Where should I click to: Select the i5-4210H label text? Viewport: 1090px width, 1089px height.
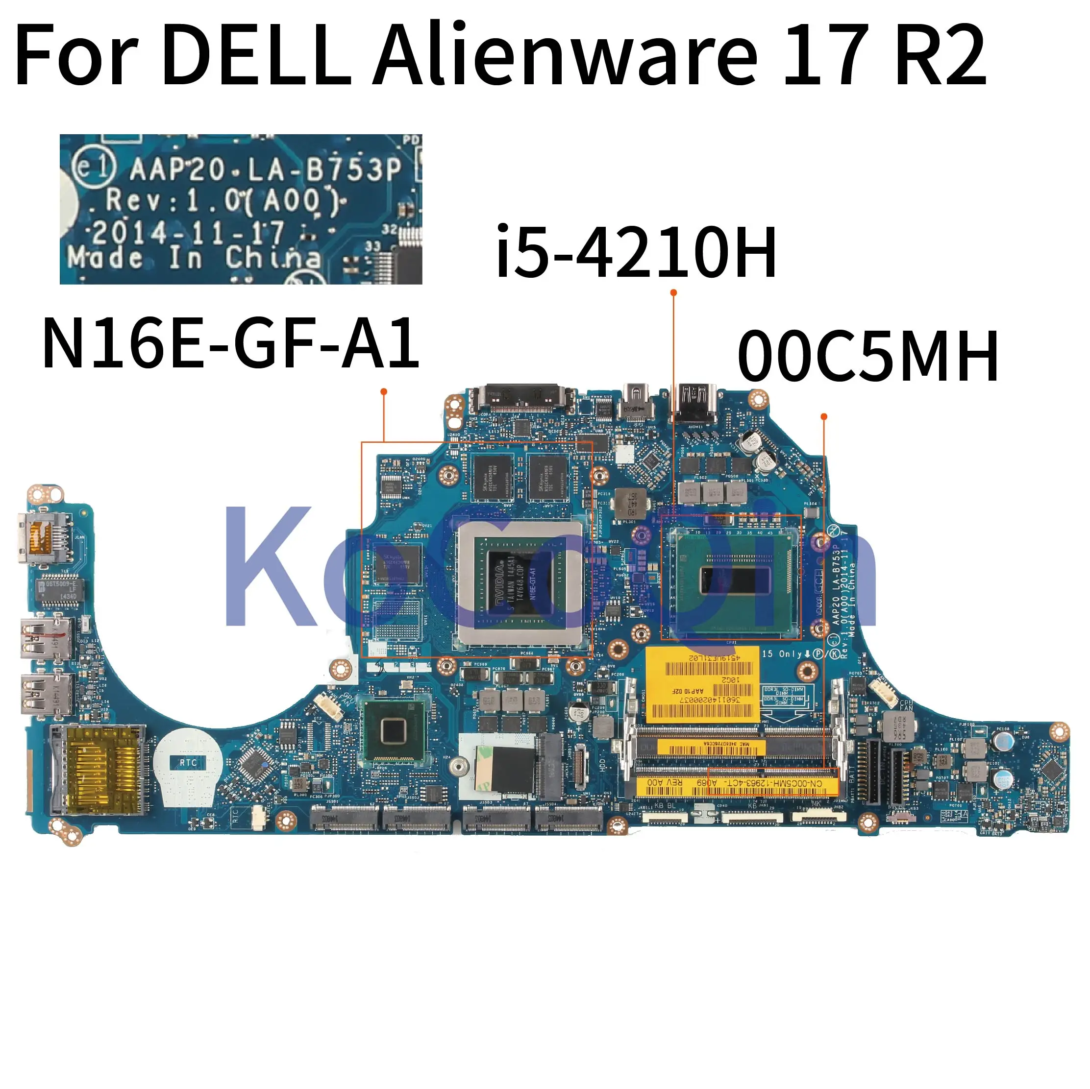click(x=636, y=252)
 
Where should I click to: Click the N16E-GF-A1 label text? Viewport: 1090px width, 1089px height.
click(x=230, y=343)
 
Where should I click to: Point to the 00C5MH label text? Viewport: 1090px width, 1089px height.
click(x=867, y=357)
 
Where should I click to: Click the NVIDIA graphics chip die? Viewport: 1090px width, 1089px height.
click(x=519, y=581)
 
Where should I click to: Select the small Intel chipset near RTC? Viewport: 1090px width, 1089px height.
click(x=393, y=731)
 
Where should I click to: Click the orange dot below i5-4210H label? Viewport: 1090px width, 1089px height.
click(x=673, y=292)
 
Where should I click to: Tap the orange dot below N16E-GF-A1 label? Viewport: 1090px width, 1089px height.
click(x=384, y=391)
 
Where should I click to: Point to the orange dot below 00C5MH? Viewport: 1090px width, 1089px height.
click(x=824, y=416)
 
